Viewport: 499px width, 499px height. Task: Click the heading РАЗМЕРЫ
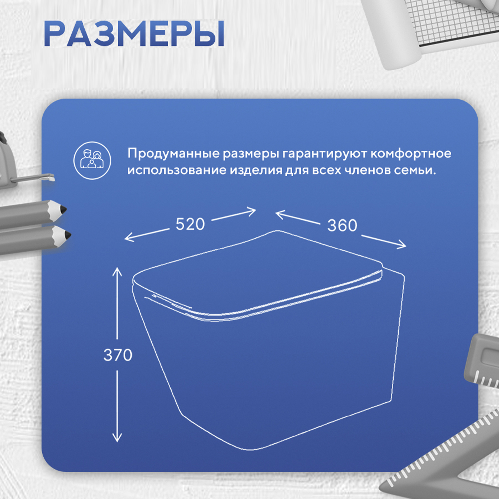[x=134, y=34]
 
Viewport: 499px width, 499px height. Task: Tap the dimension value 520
[x=190, y=224]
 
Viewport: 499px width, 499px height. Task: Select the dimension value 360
[x=342, y=226]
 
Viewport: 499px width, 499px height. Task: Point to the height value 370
[x=118, y=355]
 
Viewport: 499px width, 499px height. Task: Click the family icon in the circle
[x=92, y=161]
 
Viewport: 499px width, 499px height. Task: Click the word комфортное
[x=411, y=154]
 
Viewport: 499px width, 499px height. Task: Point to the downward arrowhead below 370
[x=117, y=437]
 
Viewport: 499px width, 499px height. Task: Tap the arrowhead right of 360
[x=402, y=245]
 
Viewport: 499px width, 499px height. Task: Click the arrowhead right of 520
[x=251, y=212]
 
